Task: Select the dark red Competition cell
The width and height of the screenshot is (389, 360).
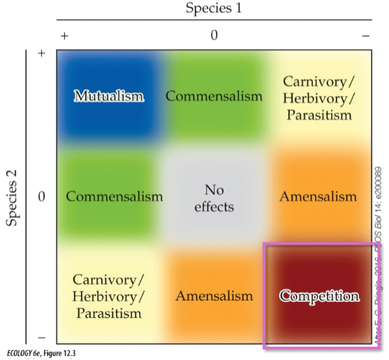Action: click(319, 296)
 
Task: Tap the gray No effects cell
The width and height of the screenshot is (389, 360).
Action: click(214, 198)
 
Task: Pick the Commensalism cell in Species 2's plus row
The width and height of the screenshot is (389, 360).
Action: click(214, 95)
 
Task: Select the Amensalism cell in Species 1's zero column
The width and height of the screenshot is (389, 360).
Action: click(214, 296)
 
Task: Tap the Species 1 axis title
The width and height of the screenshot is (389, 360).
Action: click(214, 9)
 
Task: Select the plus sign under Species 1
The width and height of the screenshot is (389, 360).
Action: click(65, 36)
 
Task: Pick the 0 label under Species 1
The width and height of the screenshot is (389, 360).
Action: click(214, 36)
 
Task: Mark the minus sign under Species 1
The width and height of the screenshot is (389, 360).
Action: click(365, 36)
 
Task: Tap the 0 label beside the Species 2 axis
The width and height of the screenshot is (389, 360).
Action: click(41, 196)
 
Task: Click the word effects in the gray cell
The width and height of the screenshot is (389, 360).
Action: click(214, 207)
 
